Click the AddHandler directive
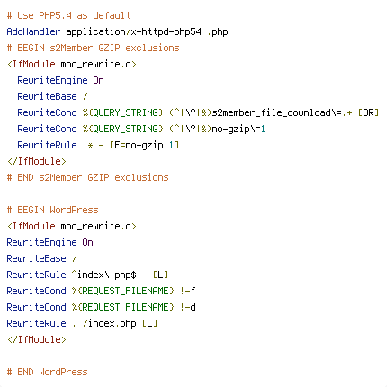pyautogui.click(x=33, y=31)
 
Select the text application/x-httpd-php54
pyautogui.click(x=133, y=31)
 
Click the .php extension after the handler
pyautogui.click(x=218, y=32)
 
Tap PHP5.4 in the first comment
pyautogui.click(x=55, y=15)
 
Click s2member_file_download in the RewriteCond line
pyautogui.click(x=271, y=112)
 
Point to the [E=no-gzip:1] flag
pyautogui.click(x=144, y=145)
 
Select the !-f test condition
pyautogui.click(x=188, y=291)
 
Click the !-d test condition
pyautogui.click(x=188, y=307)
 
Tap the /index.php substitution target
pyautogui.click(x=110, y=323)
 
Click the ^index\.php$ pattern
pyautogui.click(x=104, y=274)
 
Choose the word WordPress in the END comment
pyautogui.click(x=63, y=372)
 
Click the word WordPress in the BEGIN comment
pyautogui.click(x=74, y=210)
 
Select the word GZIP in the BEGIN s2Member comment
pyautogui.click(x=109, y=48)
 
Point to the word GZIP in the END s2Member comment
pyautogui.click(x=98, y=177)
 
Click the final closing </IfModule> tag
pyautogui.click(x=37, y=339)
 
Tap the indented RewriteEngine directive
pyautogui.click(x=52, y=80)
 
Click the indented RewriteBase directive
pyautogui.click(x=47, y=96)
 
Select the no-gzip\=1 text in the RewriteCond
pyautogui.click(x=238, y=129)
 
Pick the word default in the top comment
pyautogui.click(x=112, y=15)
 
